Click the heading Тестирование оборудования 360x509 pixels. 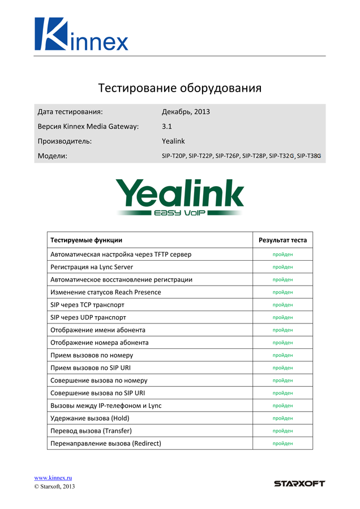[180, 88]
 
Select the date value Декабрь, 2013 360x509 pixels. [186, 111]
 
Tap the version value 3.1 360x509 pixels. [167, 126]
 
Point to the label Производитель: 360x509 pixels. [65, 141]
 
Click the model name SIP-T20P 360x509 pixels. [174, 156]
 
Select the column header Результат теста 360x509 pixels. [282, 240]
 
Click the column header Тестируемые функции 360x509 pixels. [86, 240]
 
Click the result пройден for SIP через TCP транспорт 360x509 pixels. [282, 305]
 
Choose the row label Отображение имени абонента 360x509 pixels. [98, 330]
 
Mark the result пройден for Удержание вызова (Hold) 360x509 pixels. [282, 418]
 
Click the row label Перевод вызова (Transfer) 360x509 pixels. [91, 430]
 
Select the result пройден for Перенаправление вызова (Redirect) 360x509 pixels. [282, 443]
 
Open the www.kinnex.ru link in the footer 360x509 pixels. [53, 478]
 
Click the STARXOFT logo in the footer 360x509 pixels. [299, 484]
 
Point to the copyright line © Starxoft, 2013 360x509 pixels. [54, 486]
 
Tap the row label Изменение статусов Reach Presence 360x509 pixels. [106, 292]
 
